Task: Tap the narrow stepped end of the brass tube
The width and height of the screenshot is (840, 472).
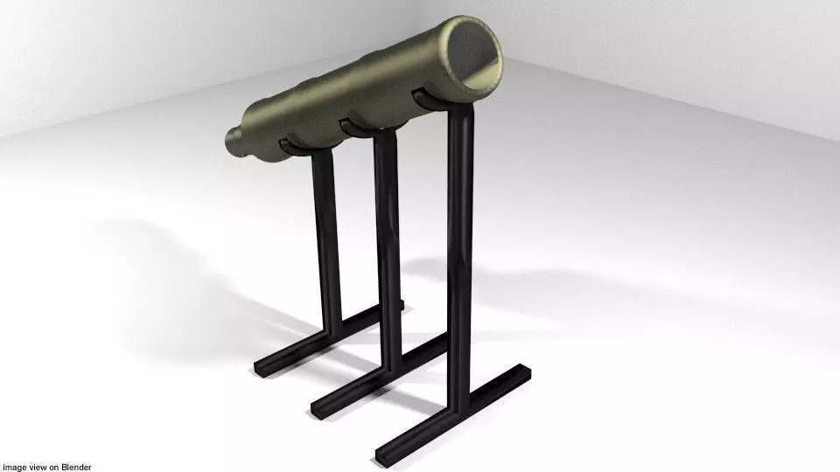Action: pyautogui.click(x=234, y=142)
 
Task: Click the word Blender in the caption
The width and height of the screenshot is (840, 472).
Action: pyautogui.click(x=76, y=468)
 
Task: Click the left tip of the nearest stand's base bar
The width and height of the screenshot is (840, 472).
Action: pyautogui.click(x=383, y=455)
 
